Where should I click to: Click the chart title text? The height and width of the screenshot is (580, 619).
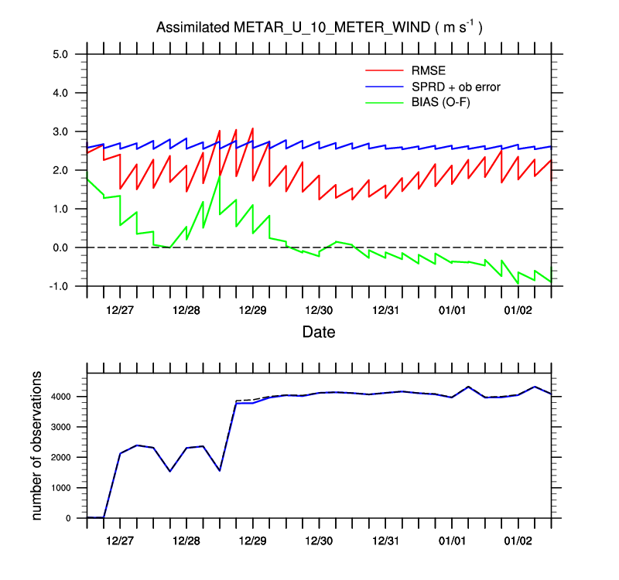point(320,28)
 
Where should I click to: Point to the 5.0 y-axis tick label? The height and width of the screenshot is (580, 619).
point(61,54)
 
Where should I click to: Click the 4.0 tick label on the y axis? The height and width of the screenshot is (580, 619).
point(61,93)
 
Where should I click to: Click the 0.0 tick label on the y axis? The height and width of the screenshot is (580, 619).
point(61,247)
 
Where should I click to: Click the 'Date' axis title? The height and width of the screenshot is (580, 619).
point(319,333)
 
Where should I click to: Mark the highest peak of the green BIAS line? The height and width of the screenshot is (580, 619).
point(220,176)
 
